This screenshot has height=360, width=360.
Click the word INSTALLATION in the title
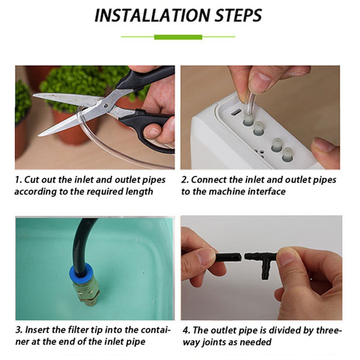(152, 15)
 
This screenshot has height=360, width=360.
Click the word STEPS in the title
(238, 15)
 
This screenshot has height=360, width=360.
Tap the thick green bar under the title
(178, 37)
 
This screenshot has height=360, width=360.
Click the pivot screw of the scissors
(105, 106)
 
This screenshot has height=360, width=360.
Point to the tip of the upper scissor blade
(33, 95)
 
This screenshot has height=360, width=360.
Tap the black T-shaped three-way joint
(262, 262)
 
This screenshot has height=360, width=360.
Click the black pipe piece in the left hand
(229, 257)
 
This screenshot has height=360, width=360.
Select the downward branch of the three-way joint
(265, 271)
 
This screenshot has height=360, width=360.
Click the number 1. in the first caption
(18, 180)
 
